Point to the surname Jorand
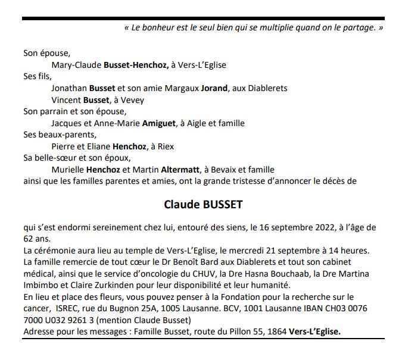214,88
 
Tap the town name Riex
164,146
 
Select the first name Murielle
69,170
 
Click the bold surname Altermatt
176,170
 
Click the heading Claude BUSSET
203,205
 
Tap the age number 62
29,238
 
